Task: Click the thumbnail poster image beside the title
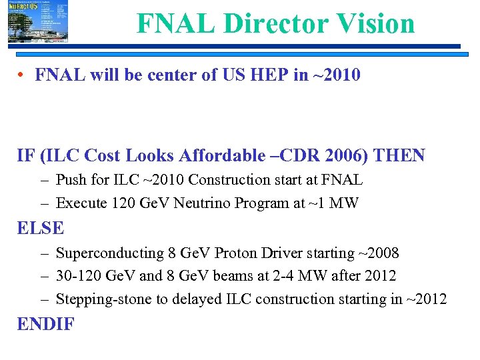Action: [38, 22]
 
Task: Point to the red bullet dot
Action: [22, 75]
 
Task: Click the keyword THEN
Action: [399, 155]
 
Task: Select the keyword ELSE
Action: [41, 228]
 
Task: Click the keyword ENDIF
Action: [46, 325]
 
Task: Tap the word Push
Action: [71, 180]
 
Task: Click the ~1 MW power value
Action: [336, 203]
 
